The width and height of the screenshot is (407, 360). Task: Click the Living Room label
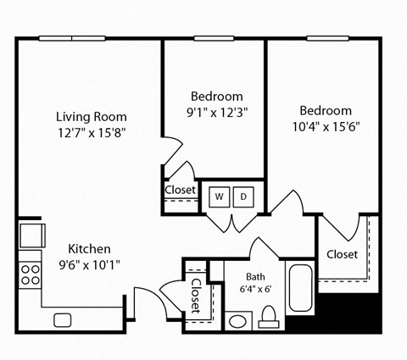point(92,116)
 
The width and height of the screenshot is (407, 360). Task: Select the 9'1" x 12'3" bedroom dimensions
point(216,111)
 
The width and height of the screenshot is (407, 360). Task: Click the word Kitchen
point(89,248)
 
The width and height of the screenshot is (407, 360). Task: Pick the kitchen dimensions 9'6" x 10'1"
point(89,263)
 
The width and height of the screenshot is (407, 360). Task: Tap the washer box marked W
point(219,197)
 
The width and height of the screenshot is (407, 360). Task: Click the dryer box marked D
point(243,197)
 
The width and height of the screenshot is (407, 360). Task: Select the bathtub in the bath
point(302,289)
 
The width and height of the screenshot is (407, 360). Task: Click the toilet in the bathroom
point(269,319)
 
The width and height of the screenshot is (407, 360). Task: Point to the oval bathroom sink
point(239,322)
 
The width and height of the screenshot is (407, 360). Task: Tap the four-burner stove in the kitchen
point(31,274)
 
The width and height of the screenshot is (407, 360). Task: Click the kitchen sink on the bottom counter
point(63,319)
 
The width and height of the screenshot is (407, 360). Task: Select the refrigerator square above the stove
point(31,233)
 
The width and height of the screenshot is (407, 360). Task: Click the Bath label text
point(255,276)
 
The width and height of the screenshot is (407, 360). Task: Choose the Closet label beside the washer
point(180,190)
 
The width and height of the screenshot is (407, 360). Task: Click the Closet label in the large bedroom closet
point(342,254)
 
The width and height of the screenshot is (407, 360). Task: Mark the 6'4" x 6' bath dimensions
point(255,289)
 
